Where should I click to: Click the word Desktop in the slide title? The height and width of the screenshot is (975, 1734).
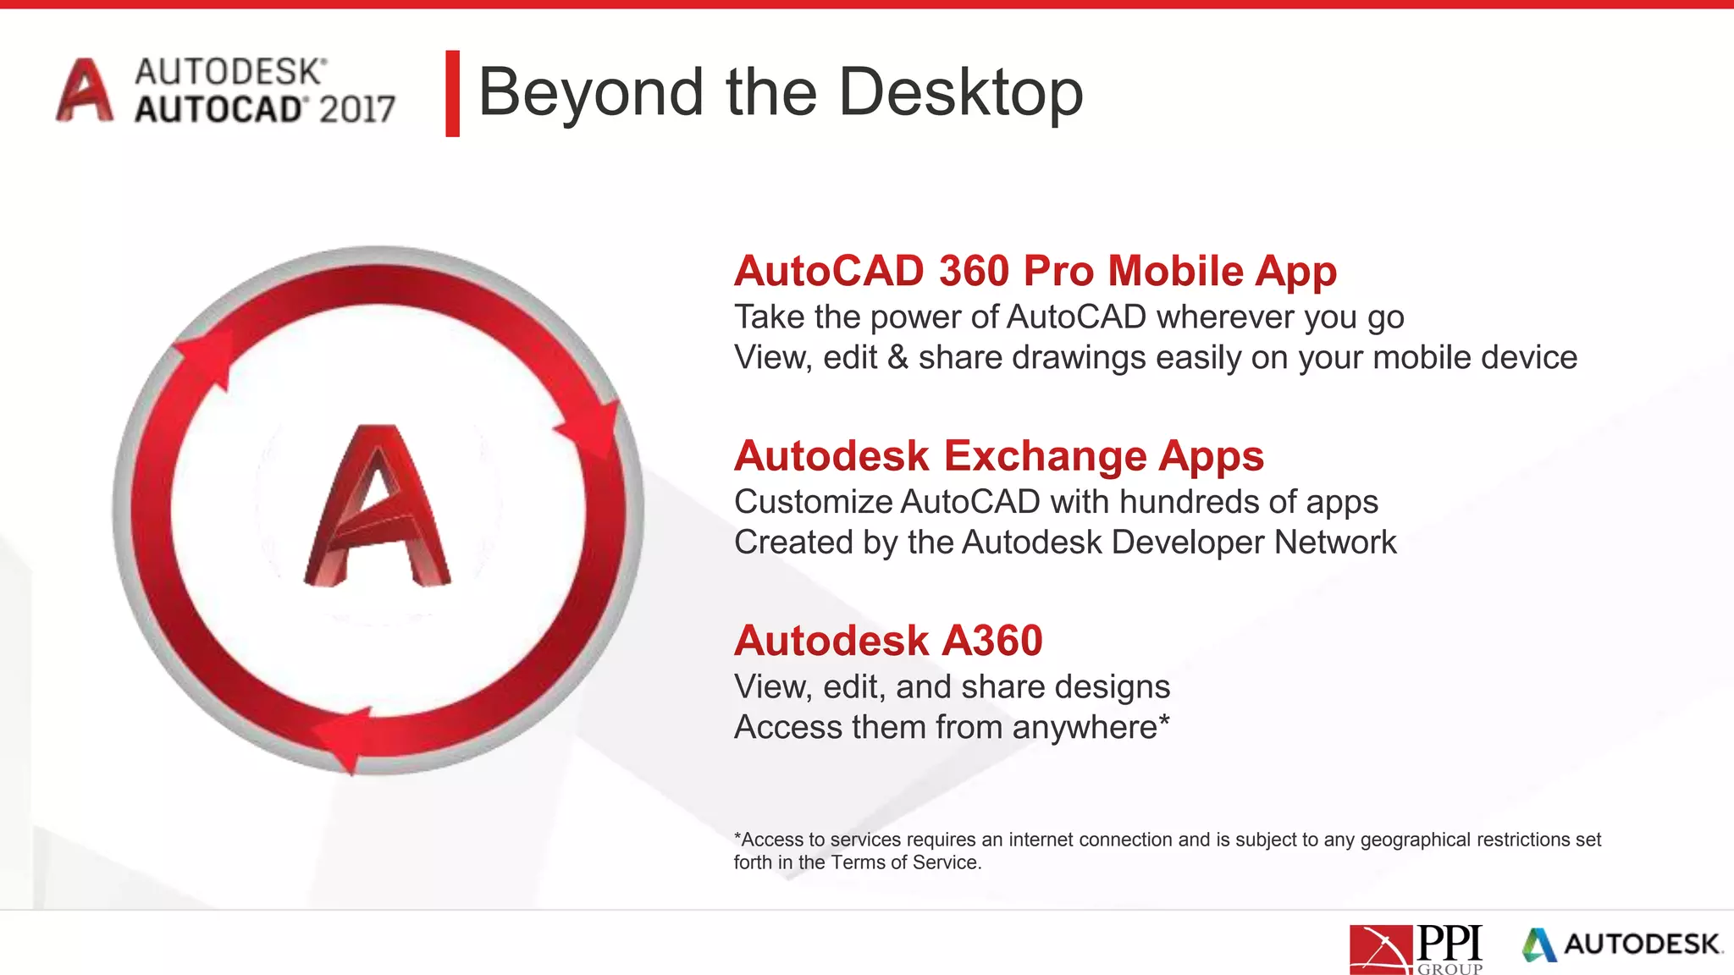960,92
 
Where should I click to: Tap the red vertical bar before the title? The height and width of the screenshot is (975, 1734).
452,93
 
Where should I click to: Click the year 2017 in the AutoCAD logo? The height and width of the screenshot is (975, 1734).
357,110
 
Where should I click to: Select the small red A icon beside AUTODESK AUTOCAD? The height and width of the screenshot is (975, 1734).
84,91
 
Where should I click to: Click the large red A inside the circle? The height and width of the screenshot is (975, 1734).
377,508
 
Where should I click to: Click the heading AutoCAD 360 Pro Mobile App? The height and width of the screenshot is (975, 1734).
1035,271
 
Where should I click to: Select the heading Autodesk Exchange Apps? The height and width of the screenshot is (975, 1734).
998,455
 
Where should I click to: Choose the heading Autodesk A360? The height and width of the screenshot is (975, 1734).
888,640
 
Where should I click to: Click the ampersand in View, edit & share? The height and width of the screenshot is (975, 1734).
897,357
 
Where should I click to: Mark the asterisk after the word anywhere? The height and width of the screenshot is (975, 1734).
1164,721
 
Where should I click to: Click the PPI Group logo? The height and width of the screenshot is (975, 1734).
1415,950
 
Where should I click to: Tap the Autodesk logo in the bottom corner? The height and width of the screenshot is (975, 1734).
1622,945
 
